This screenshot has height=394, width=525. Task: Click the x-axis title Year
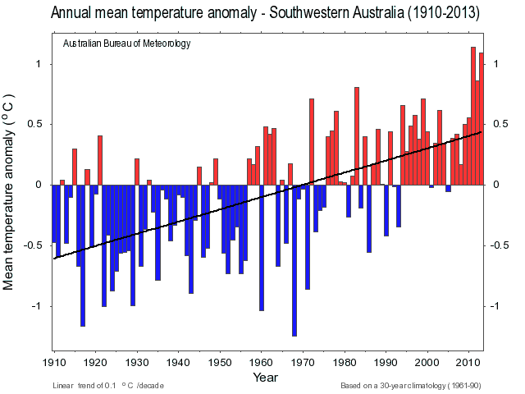point(266,378)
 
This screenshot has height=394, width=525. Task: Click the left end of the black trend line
point(55,258)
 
